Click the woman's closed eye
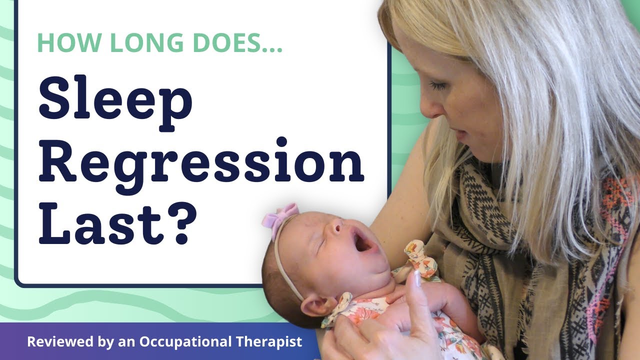(439, 86)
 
